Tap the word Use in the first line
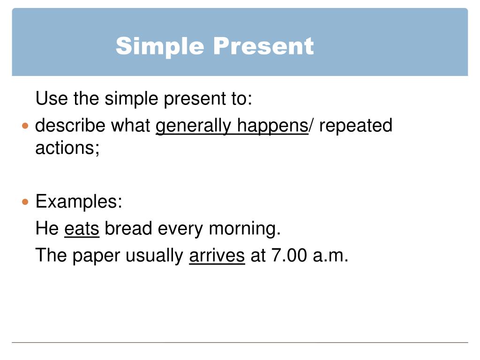point(49,99)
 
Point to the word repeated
point(356,126)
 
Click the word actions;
point(67,148)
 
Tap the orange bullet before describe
point(25,126)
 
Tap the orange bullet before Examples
point(25,202)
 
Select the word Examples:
point(79,202)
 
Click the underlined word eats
point(82,229)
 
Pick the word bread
point(128,229)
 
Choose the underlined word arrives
point(217,255)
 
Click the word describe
point(70,126)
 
